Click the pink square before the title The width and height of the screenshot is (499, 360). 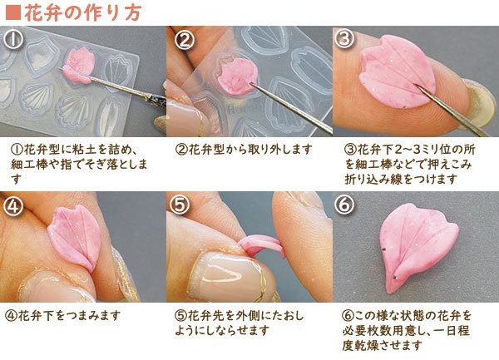13,13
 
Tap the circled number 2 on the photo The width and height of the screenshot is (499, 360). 185,39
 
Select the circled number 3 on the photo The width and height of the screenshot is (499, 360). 344,39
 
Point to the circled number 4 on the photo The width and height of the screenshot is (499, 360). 13,205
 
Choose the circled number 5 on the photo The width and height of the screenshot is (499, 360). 179,205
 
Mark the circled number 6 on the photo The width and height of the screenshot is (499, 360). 344,205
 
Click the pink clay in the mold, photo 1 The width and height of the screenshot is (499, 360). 79,65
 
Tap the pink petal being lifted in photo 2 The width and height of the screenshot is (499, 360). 236,76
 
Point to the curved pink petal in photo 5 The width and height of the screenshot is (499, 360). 262,245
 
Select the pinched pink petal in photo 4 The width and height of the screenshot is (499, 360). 76,237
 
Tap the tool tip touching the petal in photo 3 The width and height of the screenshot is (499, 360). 417,86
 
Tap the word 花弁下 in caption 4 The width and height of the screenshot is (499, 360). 34,316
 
